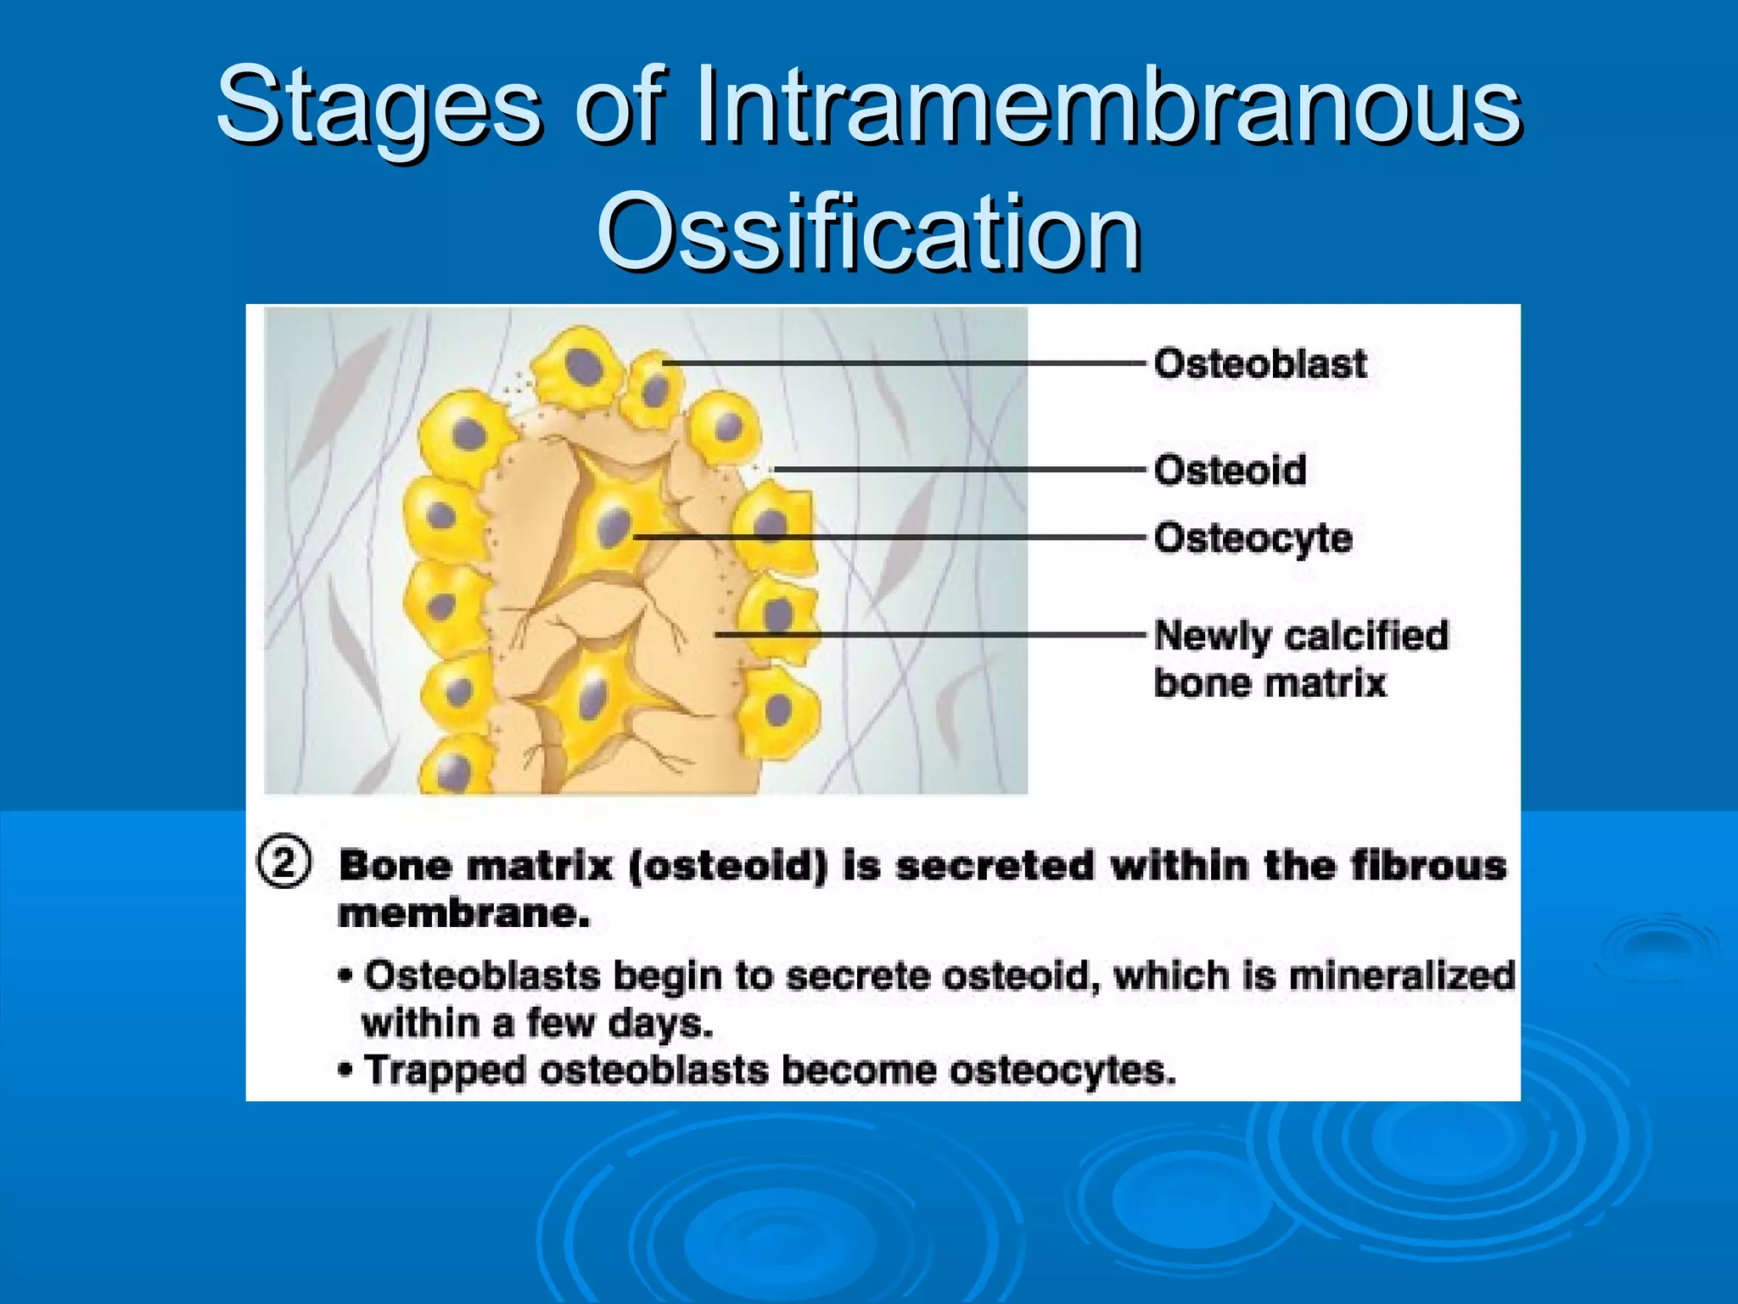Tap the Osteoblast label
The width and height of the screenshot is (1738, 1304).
pyautogui.click(x=1260, y=364)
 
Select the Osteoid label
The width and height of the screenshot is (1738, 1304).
pyautogui.click(x=1230, y=470)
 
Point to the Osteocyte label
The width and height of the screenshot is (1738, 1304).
pyautogui.click(x=1253, y=538)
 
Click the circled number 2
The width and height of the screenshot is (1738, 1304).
pyautogui.click(x=284, y=863)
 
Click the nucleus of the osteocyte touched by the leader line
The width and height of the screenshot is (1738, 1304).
pyautogui.click(x=613, y=527)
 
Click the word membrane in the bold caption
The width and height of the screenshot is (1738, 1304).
pyautogui.click(x=463, y=914)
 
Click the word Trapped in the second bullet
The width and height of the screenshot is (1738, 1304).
pyautogui.click(x=445, y=1071)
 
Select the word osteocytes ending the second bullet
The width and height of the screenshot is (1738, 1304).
pyautogui.click(x=1062, y=1071)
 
